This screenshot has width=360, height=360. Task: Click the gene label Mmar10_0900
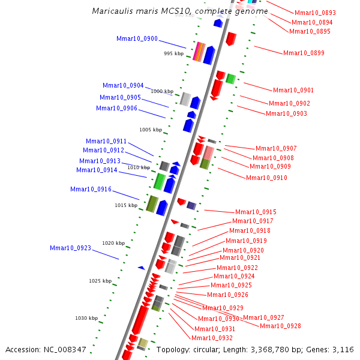(137, 39)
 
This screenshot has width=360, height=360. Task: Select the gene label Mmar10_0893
(315, 13)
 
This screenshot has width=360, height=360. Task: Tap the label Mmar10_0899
(304, 53)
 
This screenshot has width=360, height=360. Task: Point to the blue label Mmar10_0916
(91, 190)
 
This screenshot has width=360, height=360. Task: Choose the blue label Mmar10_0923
(70, 248)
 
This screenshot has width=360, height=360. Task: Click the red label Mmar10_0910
(266, 178)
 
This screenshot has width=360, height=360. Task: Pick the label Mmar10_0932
(212, 338)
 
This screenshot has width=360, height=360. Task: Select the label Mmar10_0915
(256, 212)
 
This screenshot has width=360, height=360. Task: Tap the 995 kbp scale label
(173, 54)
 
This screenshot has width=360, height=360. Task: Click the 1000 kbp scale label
(161, 91)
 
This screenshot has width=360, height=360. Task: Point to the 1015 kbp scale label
(126, 205)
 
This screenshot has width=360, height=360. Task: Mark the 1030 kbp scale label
(86, 318)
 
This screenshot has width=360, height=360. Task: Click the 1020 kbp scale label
(113, 243)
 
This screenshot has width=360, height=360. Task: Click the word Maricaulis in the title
(113, 11)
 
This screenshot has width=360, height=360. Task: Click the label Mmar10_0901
(293, 91)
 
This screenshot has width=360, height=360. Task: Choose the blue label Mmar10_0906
(116, 109)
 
